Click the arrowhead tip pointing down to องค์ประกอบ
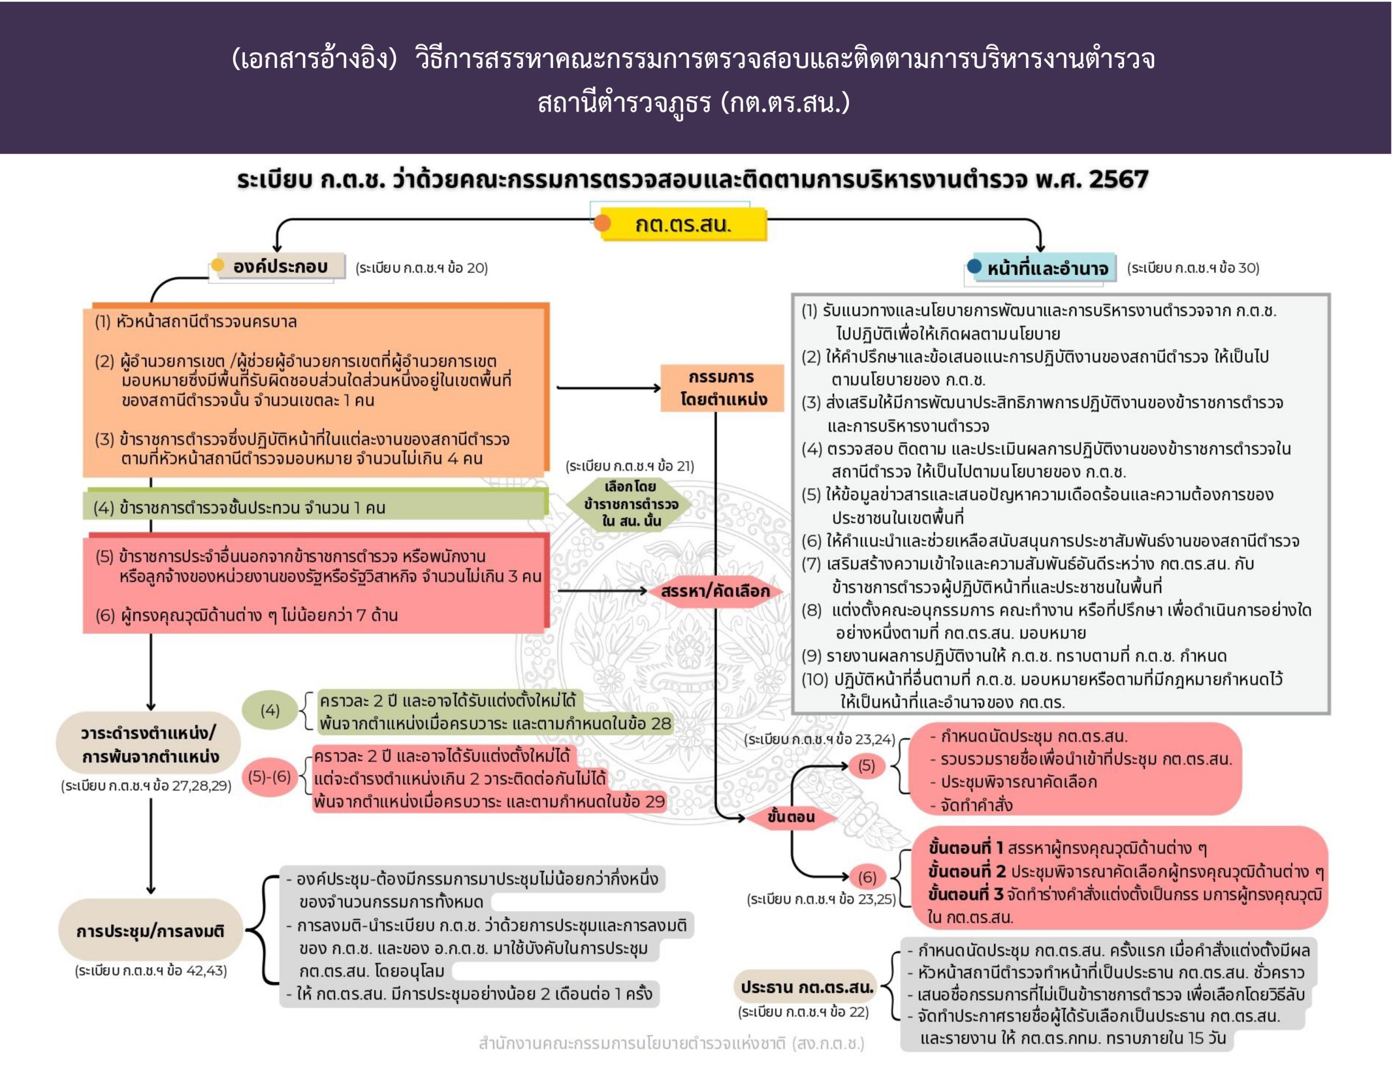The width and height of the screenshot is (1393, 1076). [x=277, y=252]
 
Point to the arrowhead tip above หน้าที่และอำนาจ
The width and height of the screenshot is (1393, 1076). [x=1040, y=252]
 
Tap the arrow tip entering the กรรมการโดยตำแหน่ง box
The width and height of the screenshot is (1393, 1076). [x=661, y=387]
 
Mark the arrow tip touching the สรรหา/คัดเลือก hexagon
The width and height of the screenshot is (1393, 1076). [x=648, y=591]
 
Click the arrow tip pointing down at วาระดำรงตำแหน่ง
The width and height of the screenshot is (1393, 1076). [x=151, y=710]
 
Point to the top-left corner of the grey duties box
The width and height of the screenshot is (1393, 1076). [x=792, y=295]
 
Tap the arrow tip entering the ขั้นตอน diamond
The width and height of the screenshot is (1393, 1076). [x=745, y=818]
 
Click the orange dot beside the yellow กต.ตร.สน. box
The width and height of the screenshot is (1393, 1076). [x=602, y=223]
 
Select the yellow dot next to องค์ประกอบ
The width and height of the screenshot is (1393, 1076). [x=218, y=265]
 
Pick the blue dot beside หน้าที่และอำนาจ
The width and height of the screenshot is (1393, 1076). [x=974, y=266]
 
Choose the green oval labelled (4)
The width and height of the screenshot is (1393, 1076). [x=270, y=710]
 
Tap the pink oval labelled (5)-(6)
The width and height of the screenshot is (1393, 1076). [x=270, y=777]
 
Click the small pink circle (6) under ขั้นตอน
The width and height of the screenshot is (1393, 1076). [x=867, y=877]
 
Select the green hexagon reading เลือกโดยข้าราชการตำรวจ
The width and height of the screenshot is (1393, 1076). [x=631, y=504]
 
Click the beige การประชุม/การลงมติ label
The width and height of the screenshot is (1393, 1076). [x=151, y=931]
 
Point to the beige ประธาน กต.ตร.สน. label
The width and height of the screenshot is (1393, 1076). [x=807, y=987]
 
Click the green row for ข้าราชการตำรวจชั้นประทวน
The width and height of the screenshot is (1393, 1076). [x=315, y=505]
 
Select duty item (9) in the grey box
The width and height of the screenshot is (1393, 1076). [x=1014, y=656]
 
